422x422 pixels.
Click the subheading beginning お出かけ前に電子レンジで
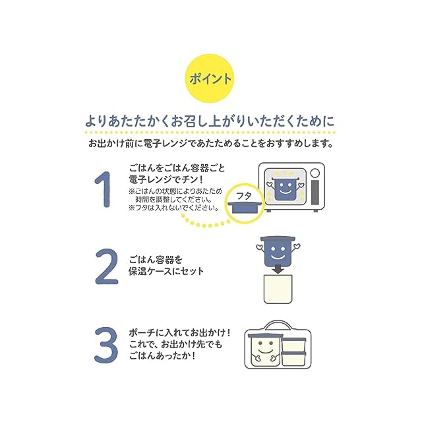pyautogui.click(x=210, y=142)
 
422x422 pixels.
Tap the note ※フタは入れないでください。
pyautogui.click(x=173, y=208)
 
